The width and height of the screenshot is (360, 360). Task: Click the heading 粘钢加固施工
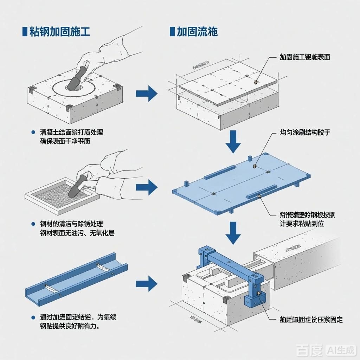pos(60,32)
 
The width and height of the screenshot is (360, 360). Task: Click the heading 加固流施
pos(197,32)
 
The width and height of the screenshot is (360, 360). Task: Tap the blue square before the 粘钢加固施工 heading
pos(25,32)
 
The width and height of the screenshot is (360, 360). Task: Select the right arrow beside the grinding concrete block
pos(147,94)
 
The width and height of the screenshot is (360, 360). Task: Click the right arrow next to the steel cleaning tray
pos(147,187)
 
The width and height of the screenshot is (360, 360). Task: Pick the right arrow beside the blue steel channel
pos(147,283)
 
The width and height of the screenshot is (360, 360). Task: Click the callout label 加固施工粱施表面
pos(305,57)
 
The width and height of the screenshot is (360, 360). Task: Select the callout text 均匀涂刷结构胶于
pos(305,133)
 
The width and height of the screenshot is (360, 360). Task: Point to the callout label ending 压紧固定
pos(311,320)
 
